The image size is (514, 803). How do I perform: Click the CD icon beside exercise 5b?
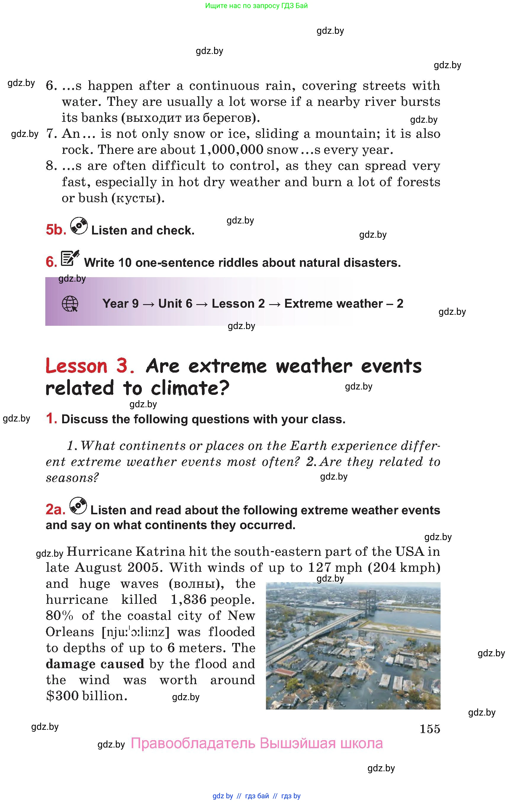(79, 226)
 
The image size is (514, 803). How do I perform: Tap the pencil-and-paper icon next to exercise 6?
(70, 258)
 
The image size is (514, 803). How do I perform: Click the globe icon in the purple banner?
(70, 304)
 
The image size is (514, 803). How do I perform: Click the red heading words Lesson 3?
(90, 366)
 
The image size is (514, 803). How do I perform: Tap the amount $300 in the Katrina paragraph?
(62, 696)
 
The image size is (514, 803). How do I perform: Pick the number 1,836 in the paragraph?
(188, 600)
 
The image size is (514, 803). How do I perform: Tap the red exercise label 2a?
(55, 510)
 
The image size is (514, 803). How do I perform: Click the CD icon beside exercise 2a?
(78, 506)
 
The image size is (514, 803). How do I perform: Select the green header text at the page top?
(256, 6)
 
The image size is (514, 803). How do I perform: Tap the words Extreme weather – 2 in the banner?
(343, 304)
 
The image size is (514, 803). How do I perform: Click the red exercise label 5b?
(56, 230)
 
